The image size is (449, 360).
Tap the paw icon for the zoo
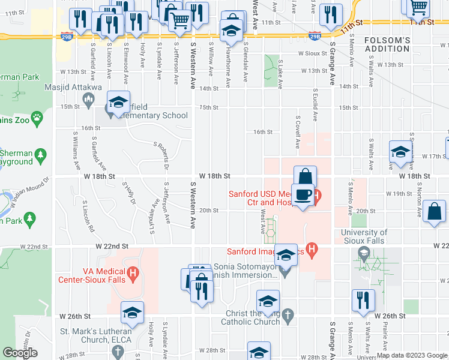pyautogui.click(x=37, y=117)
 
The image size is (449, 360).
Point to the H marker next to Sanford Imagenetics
pyautogui.click(x=311, y=247)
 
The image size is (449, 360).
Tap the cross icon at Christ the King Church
pyautogui.click(x=289, y=314)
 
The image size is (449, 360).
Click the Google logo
pyautogui.click(x=20, y=353)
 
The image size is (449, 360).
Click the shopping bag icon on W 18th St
pyautogui.click(x=305, y=176)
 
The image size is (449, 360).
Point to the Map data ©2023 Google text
pyautogui.click(x=412, y=355)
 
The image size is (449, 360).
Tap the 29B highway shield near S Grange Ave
pyautogui.click(x=315, y=36)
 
